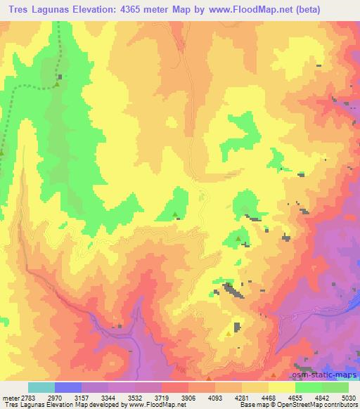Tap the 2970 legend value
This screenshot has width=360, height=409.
(55, 398)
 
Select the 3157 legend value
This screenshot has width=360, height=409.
(82, 398)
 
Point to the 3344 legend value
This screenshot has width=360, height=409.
(109, 398)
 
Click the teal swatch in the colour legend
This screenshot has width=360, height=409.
(41, 387)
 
